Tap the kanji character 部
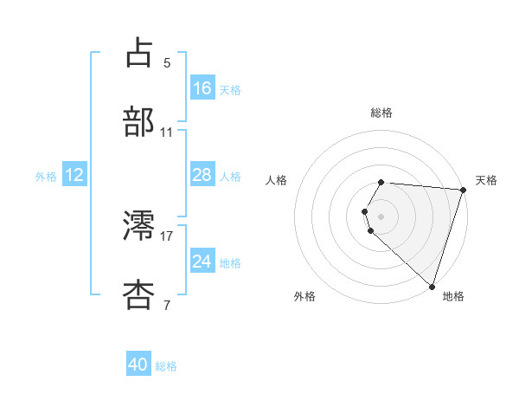click(139, 121)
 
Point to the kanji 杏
click(139, 294)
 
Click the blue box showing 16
click(202, 88)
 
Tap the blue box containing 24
click(202, 262)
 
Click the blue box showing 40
click(138, 365)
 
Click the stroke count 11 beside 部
click(167, 132)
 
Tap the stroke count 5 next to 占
click(167, 62)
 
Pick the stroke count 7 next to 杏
click(167, 304)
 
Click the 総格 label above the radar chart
click(381, 113)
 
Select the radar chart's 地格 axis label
click(453, 296)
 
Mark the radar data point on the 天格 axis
click(463, 189)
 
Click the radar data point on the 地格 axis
click(432, 285)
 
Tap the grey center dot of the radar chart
click(381, 216)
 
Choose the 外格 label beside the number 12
click(46, 177)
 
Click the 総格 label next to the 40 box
click(166, 366)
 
